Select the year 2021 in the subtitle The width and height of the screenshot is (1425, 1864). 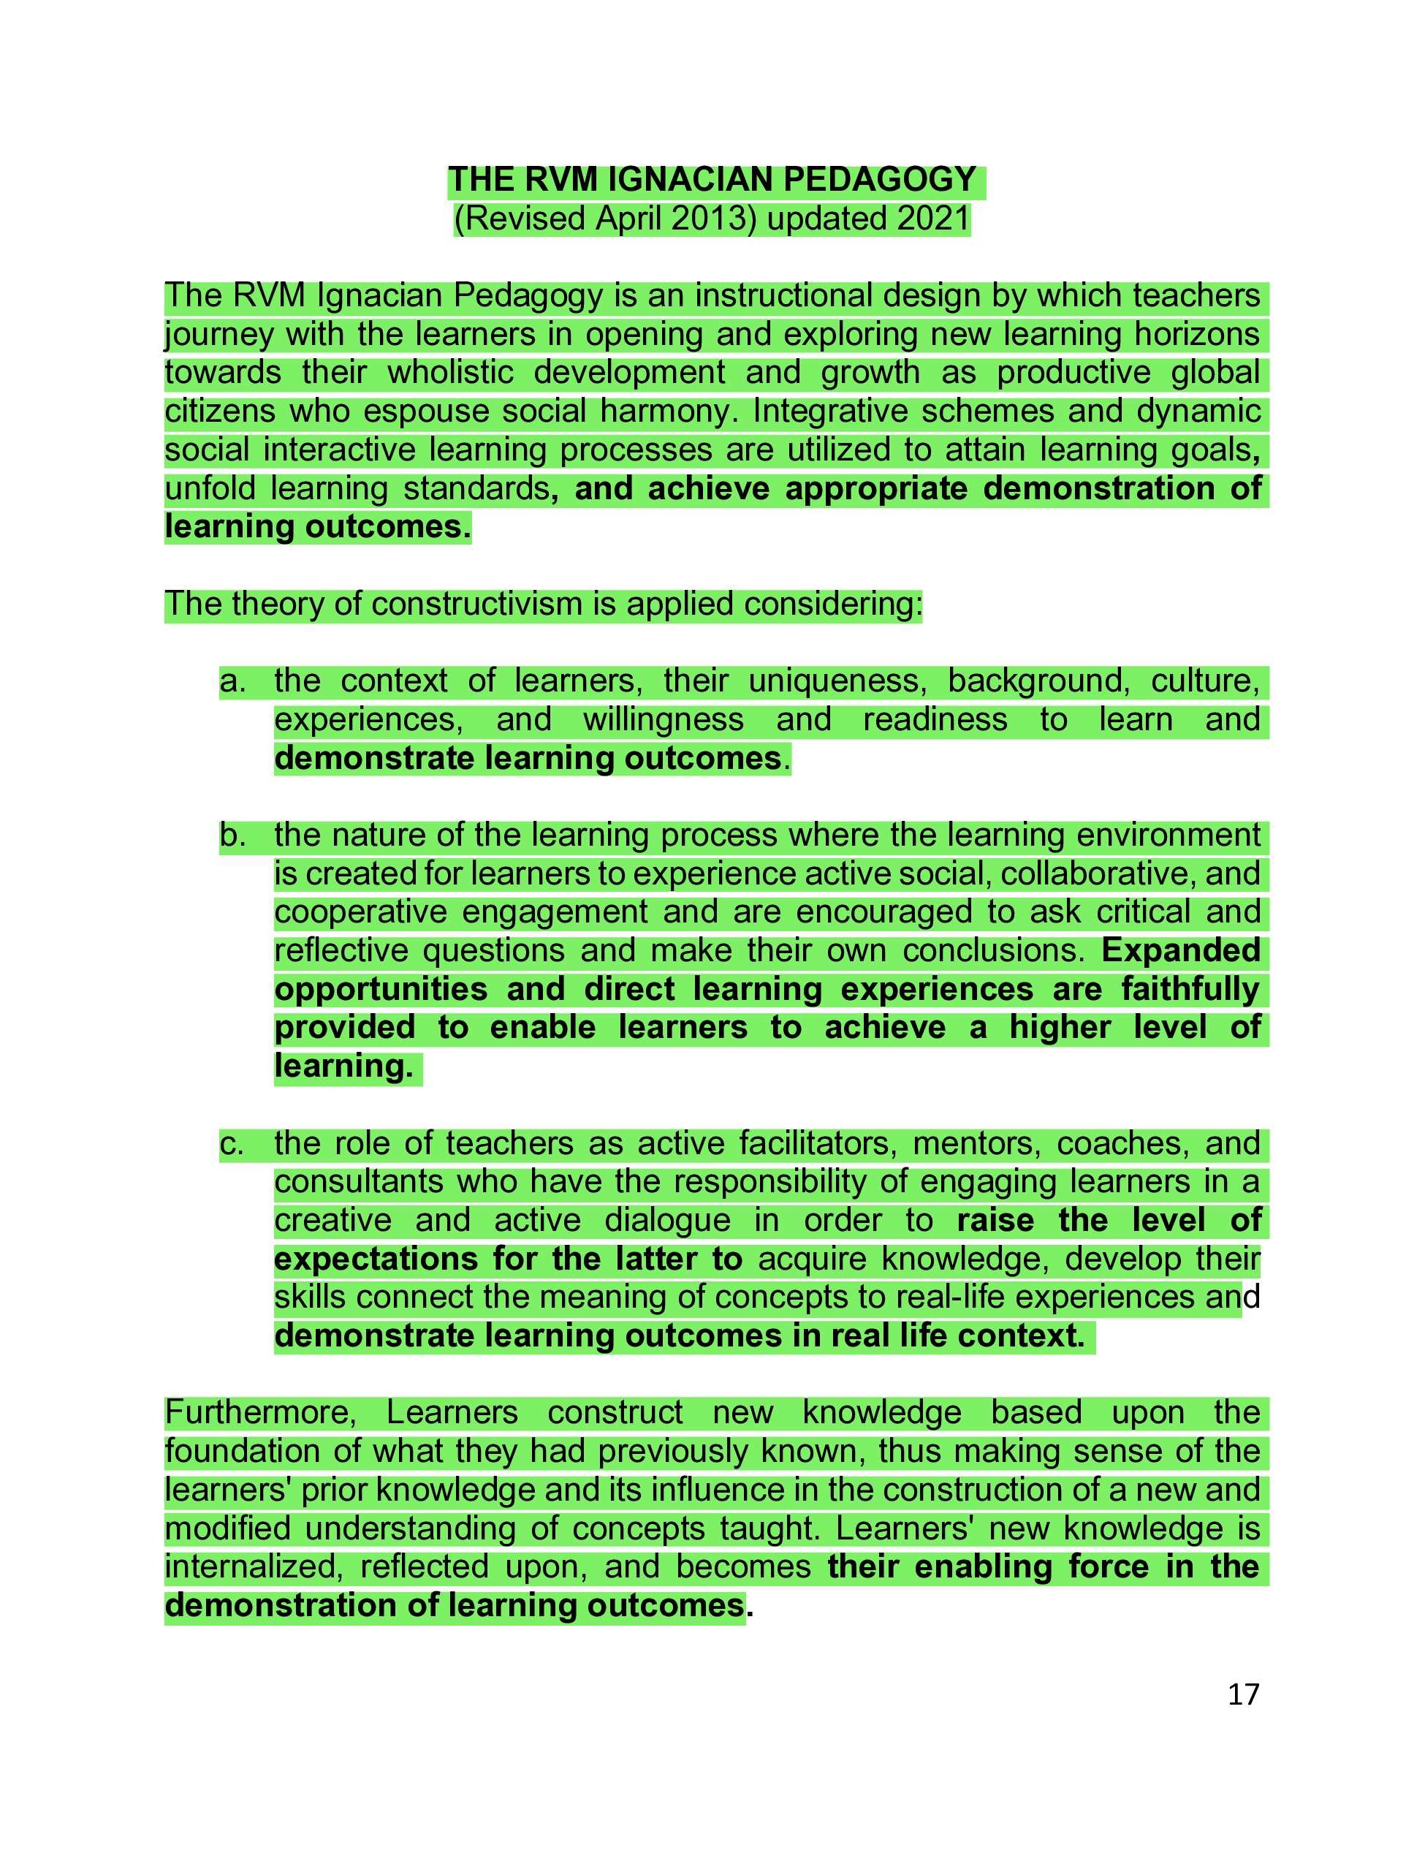[x=933, y=219]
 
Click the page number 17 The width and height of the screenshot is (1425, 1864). [x=1244, y=1695]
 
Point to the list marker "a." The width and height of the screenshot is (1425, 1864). [x=232, y=681]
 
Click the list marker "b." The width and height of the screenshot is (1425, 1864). [x=232, y=836]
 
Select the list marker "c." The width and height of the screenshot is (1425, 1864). [x=232, y=1144]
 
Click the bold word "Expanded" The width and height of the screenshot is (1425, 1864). [x=1181, y=951]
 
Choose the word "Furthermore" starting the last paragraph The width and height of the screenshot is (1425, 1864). [x=260, y=1414]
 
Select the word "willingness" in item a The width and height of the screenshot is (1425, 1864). [x=663, y=719]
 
